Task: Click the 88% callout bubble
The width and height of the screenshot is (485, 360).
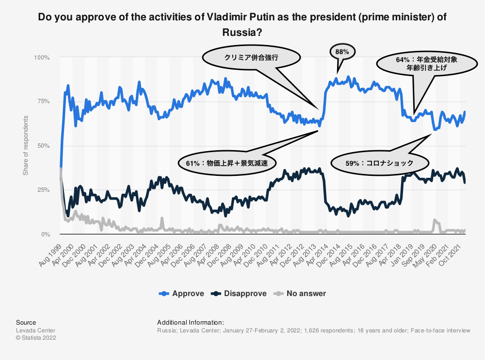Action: tap(342, 51)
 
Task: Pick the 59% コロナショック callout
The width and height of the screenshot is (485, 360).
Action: tap(380, 163)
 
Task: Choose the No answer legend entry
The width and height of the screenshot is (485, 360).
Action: tap(301, 293)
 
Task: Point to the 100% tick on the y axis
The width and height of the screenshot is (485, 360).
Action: tap(42, 58)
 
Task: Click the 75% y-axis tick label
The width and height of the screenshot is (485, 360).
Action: tap(43, 102)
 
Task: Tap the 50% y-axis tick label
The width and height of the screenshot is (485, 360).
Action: tap(43, 146)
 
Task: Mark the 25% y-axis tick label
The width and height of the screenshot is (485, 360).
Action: tap(43, 190)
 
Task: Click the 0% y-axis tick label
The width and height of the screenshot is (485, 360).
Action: tap(45, 235)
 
